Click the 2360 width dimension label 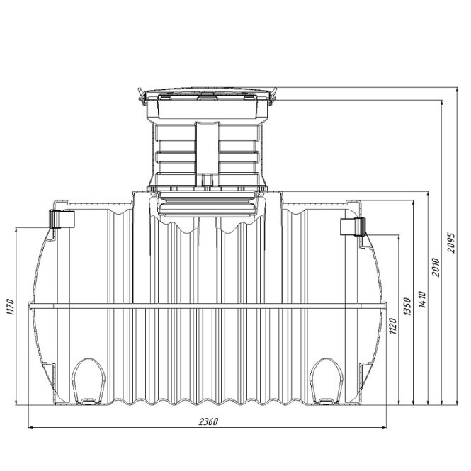pyautogui.click(x=208, y=421)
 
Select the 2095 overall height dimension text pyautogui.click(x=451, y=243)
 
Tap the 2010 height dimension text pyautogui.click(x=436, y=267)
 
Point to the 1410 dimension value pyautogui.click(x=422, y=299)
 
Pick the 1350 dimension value pyautogui.click(x=407, y=307)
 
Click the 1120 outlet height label pyautogui.click(x=392, y=326)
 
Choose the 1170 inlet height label pyautogui.click(x=10, y=307)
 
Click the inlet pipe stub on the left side pyautogui.click(x=62, y=219)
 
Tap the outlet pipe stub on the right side pyautogui.click(x=353, y=227)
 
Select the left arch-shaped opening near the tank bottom pyautogui.click(x=89, y=380)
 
